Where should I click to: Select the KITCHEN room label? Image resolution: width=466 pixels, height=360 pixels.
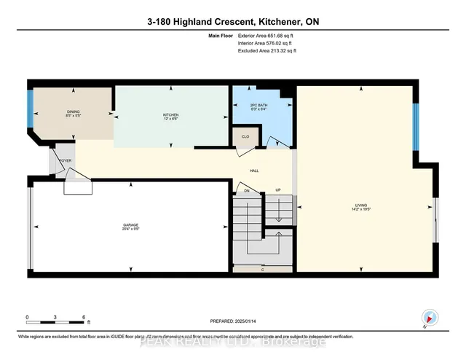[170, 117]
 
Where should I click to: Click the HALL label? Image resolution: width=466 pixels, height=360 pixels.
[255, 171]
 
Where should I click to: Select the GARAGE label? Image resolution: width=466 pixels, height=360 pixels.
[131, 224]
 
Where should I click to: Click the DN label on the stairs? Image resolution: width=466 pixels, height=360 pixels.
[247, 191]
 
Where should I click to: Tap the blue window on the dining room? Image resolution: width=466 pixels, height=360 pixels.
[31, 109]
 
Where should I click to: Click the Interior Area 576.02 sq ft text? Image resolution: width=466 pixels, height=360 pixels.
[267, 43]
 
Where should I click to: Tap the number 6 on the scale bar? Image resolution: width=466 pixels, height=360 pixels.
[84, 318]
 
